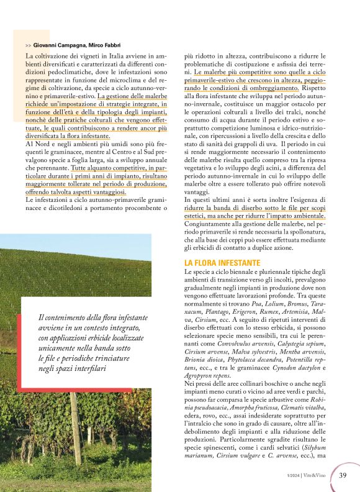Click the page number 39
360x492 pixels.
tap(343, 475)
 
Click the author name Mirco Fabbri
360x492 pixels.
tap(104, 45)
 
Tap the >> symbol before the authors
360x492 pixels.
tap(29, 45)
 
